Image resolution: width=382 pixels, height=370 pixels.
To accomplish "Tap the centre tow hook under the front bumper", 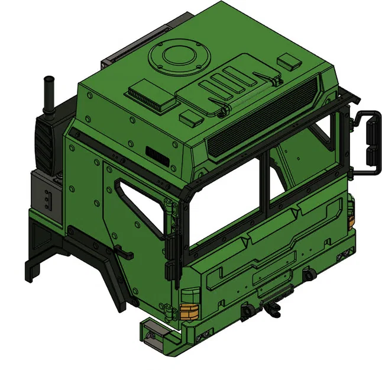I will (x=274, y=308).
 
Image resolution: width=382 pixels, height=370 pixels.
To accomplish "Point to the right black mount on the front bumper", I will (x=309, y=276).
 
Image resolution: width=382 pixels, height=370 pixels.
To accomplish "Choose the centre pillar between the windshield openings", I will (x=264, y=184).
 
